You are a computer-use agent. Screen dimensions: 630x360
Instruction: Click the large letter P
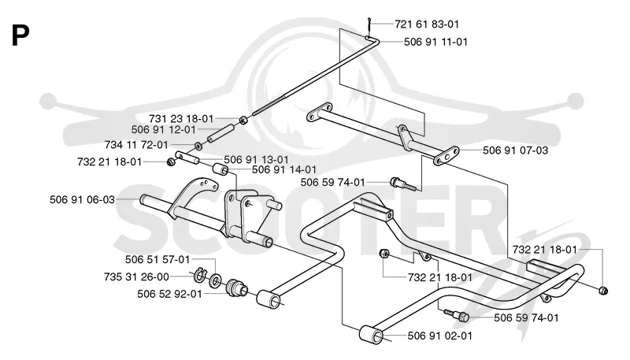point(20,35)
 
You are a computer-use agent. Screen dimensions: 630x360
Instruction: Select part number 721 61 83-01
point(427,24)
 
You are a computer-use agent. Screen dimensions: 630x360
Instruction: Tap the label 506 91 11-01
point(436,42)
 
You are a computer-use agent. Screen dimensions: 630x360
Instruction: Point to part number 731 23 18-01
point(181,119)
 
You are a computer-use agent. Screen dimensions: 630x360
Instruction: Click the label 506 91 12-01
point(164,130)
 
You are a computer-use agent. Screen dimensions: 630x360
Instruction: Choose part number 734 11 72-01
point(136,145)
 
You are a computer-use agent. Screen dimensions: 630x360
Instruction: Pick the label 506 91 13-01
point(257,159)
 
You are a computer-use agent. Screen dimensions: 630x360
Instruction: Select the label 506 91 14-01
point(284,169)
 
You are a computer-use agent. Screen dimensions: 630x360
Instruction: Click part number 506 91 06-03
point(83,199)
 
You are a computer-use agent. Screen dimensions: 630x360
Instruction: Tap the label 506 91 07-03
point(516,150)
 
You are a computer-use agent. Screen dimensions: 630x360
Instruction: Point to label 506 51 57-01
point(157,259)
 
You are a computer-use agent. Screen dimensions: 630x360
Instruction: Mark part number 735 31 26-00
point(136,276)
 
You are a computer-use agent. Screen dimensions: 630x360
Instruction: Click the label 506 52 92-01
point(169,294)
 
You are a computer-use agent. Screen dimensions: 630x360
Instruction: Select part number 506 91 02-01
point(440,336)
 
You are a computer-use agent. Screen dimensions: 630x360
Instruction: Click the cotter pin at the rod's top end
point(369,27)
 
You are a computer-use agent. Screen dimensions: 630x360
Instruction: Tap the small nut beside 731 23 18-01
point(243,121)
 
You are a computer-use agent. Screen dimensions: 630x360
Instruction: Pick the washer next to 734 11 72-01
point(198,146)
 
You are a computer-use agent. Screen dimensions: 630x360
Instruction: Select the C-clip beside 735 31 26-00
point(199,275)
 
